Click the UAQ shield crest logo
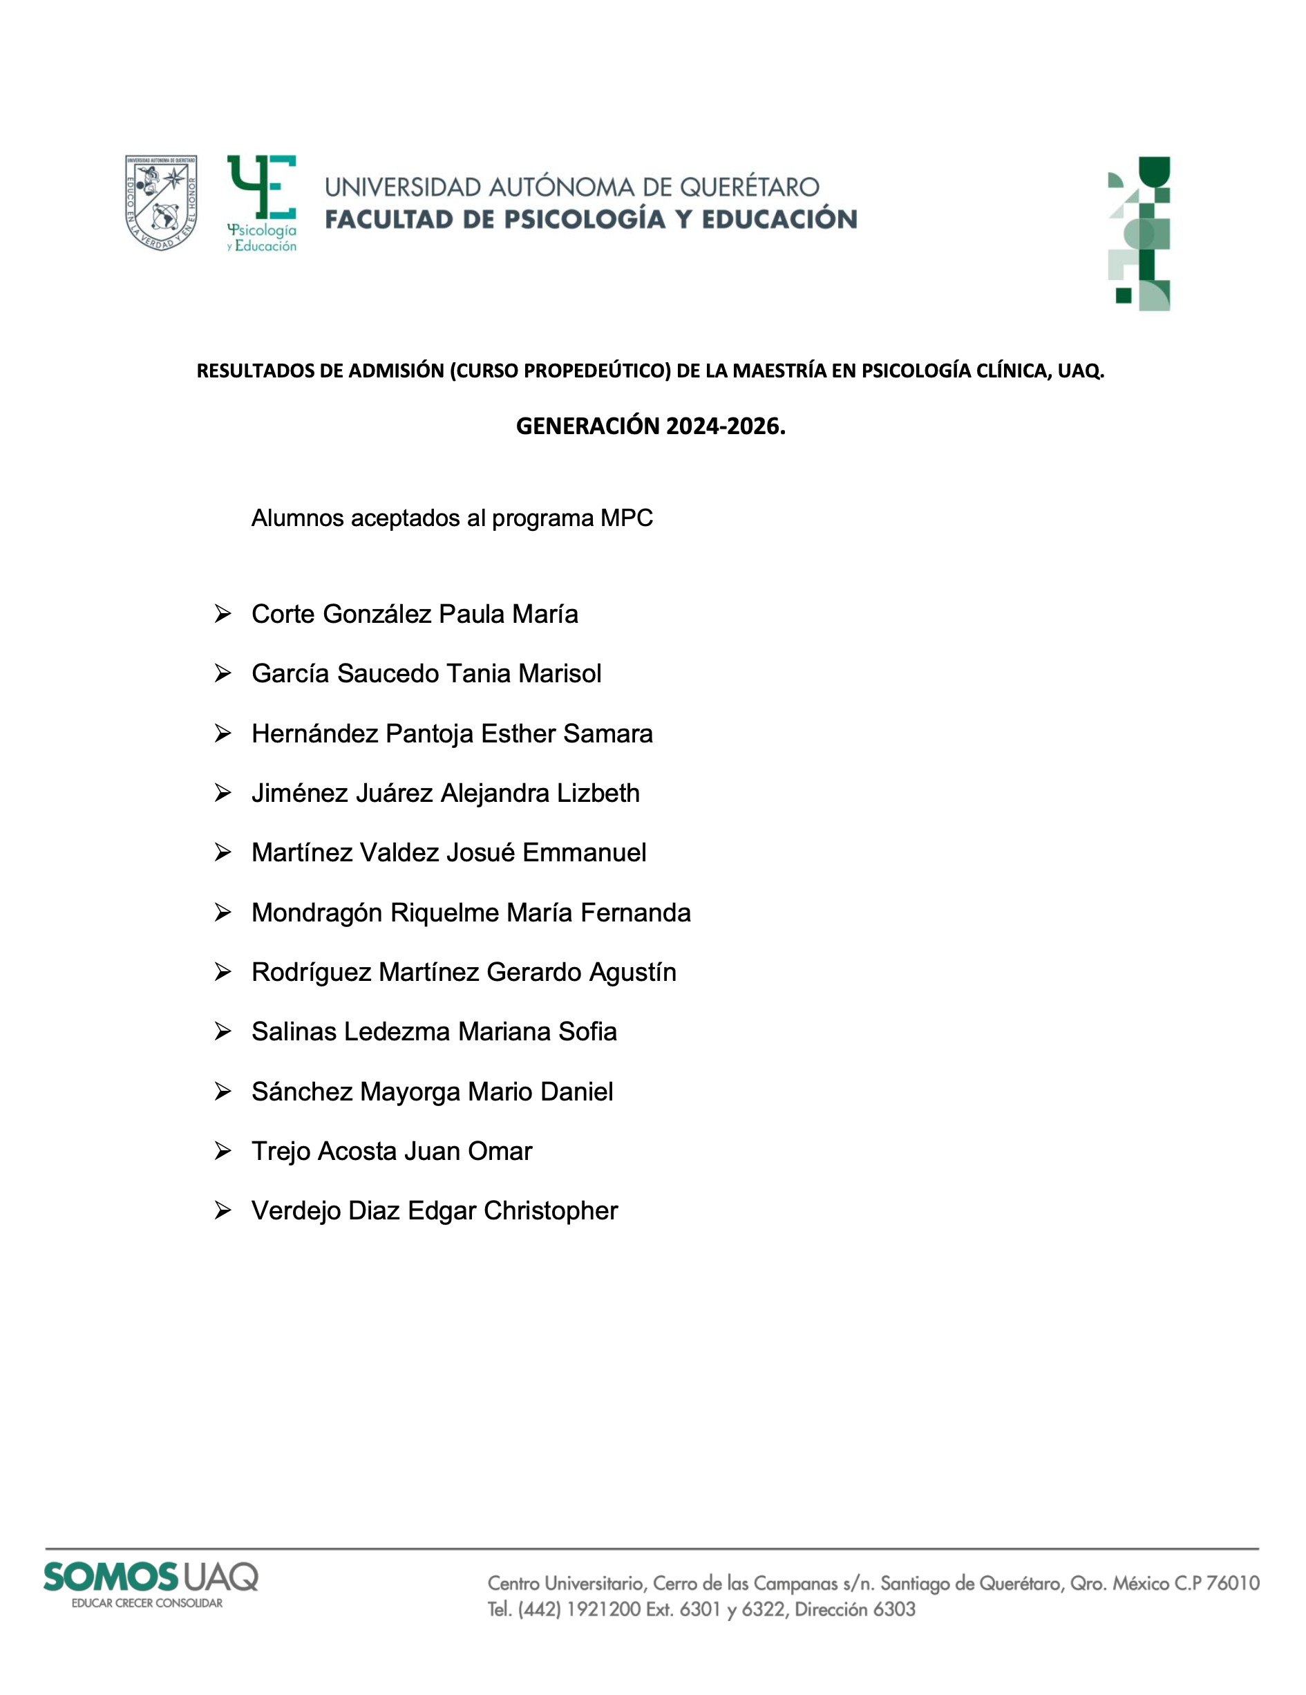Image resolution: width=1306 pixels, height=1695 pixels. point(160,202)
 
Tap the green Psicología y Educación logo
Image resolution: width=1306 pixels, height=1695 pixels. point(261,203)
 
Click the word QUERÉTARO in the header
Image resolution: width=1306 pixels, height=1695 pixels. point(749,187)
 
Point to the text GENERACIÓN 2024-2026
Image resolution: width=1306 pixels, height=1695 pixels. point(650,426)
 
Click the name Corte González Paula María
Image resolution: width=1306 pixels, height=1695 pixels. point(415,614)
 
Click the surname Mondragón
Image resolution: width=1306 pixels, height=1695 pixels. point(316,912)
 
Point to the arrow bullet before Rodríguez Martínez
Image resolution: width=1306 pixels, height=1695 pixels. point(223,972)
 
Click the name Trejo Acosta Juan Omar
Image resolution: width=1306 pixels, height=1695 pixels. point(392,1151)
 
